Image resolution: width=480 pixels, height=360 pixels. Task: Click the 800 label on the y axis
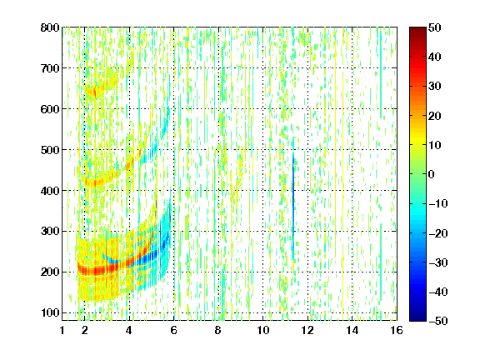point(50,27)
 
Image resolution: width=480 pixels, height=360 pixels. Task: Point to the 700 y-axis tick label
point(50,68)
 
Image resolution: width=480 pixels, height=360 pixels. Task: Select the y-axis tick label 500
point(50,150)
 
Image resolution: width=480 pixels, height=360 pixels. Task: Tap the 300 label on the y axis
point(50,232)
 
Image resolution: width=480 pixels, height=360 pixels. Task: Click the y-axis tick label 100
point(50,312)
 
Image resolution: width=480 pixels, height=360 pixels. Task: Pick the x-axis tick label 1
point(62,330)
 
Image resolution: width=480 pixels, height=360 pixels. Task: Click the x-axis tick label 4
point(129,330)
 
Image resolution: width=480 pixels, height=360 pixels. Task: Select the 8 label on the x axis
point(217,330)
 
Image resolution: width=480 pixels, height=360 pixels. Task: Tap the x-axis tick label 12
point(307,330)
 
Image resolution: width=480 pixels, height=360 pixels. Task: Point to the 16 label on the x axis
point(397,330)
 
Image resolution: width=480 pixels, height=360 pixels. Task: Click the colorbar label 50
point(434,27)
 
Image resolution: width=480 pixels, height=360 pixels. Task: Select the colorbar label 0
point(432,174)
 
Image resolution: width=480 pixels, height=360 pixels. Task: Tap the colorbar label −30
point(437,262)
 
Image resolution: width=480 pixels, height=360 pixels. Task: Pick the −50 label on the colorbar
point(437,321)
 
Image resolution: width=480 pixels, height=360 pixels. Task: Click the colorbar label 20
point(434,116)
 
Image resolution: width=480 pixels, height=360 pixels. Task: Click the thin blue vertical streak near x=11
point(293,205)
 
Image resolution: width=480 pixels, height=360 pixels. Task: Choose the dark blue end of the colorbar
point(417,318)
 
